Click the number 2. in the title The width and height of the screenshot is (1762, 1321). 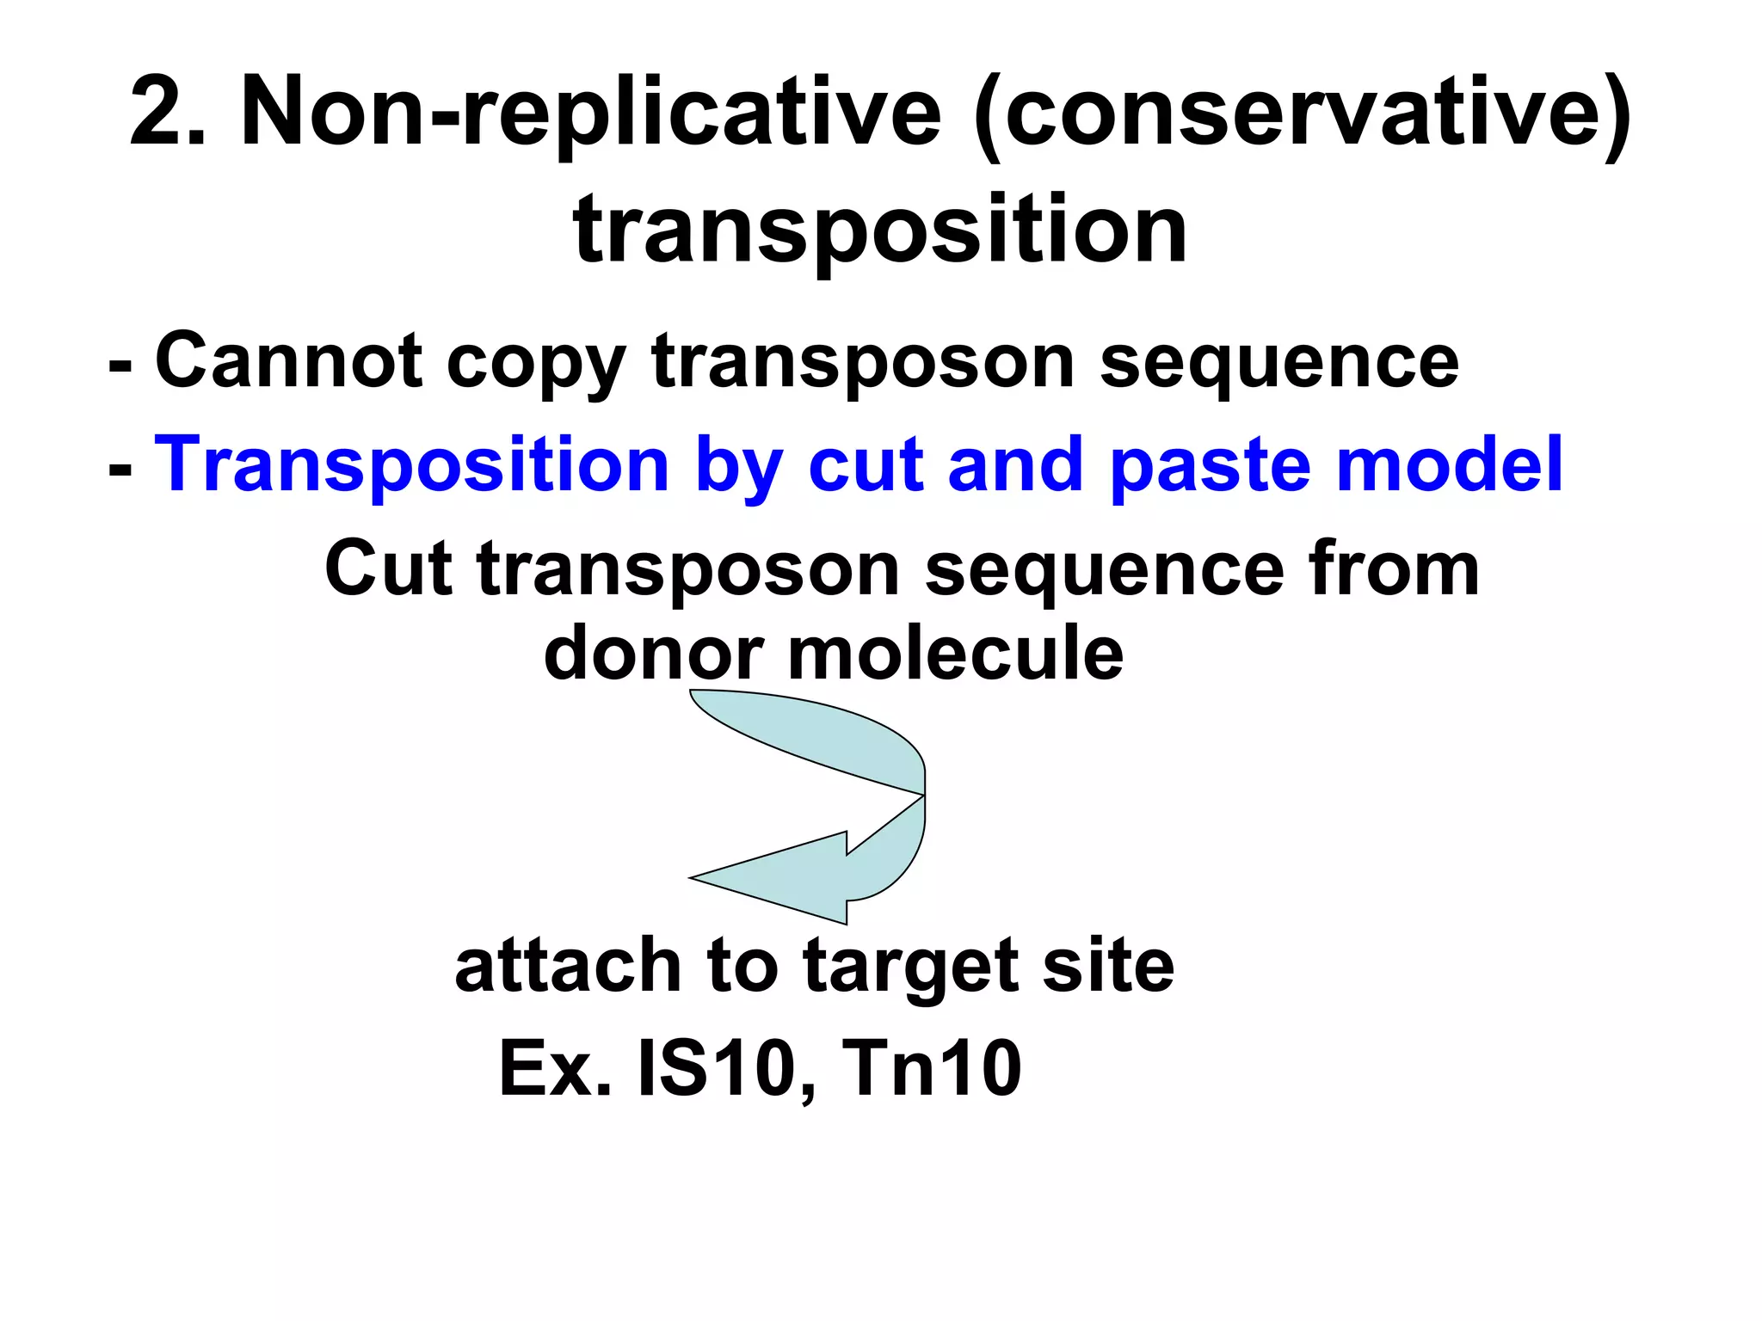pos(167,112)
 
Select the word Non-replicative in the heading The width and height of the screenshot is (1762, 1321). pos(591,112)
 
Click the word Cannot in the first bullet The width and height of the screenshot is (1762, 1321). pos(288,361)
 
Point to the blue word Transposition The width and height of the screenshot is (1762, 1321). pos(411,464)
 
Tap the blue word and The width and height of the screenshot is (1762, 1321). pos(1013,464)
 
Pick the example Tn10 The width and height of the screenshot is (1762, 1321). pos(932,1069)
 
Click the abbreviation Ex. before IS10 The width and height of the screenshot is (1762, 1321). pos(555,1069)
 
